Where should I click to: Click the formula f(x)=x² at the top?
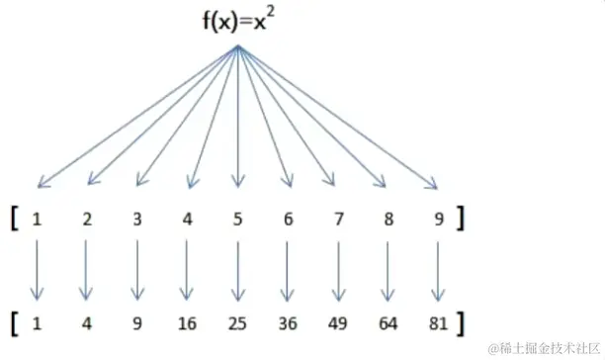(x=233, y=21)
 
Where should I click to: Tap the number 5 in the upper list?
(x=237, y=220)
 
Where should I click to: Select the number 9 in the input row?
(x=438, y=220)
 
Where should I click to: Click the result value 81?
(x=439, y=322)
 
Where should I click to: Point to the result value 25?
(x=237, y=322)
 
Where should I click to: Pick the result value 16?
(x=188, y=322)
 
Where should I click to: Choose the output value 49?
(x=338, y=322)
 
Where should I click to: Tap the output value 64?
(x=389, y=322)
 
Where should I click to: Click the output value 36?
(x=288, y=322)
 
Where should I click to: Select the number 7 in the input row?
(x=338, y=220)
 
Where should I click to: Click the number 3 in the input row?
(x=137, y=220)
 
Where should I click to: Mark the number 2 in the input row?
(x=87, y=220)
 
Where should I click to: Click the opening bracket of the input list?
(x=17, y=219)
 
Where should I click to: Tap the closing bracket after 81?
(x=460, y=322)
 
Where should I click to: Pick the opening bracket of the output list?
(x=17, y=322)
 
